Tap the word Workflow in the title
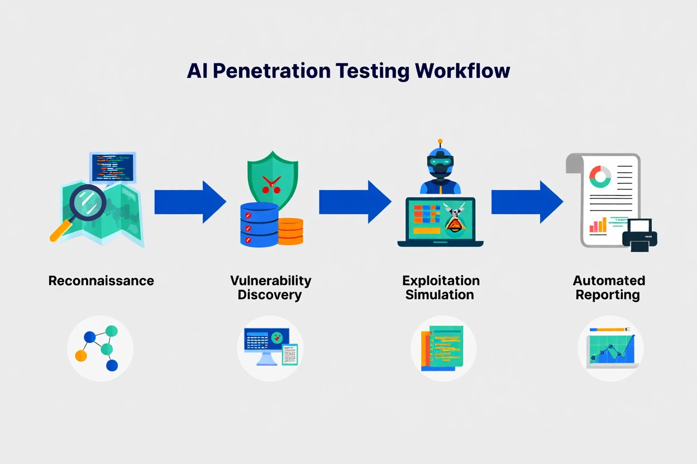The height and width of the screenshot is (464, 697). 462,71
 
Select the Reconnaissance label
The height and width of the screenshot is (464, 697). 101,281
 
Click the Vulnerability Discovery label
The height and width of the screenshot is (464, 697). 270,287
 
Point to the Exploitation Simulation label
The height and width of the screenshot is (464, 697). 440,287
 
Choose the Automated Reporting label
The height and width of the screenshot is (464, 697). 608,287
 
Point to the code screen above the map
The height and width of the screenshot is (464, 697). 113,167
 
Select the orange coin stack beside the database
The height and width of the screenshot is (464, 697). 290,230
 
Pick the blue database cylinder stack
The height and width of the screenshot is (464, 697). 259,224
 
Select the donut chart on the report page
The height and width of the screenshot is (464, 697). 601,176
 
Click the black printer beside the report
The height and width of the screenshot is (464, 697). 640,234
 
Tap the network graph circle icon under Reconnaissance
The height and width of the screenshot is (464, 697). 101,349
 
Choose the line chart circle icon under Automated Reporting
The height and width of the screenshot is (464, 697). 610,349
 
